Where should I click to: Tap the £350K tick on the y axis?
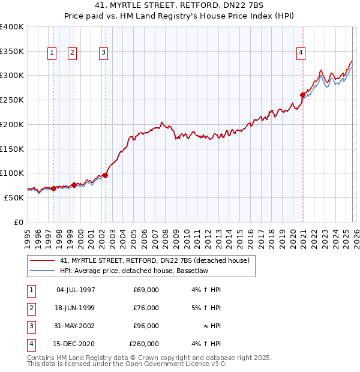(12, 51)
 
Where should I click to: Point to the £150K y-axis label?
(12, 148)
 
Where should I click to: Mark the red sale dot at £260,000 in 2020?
(302, 95)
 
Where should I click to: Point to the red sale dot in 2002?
(106, 175)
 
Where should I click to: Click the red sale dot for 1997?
(53, 188)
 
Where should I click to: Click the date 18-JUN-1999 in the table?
(76, 308)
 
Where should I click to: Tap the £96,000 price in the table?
(146, 326)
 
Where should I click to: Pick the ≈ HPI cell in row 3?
(212, 326)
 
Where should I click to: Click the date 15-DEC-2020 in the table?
(76, 344)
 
